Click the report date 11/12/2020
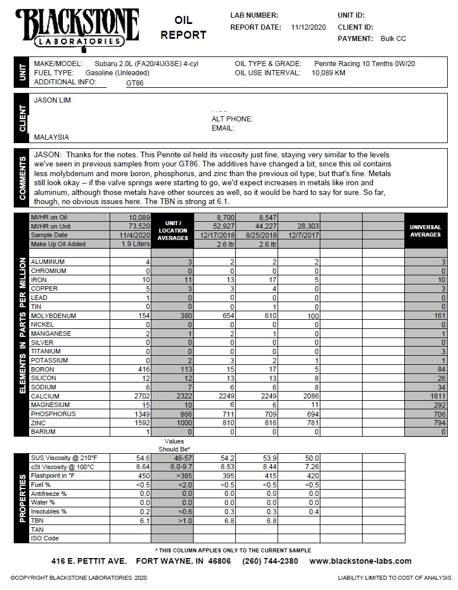point(308,27)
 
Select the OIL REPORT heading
point(183,28)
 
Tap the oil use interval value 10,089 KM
point(328,73)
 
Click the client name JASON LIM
point(53,100)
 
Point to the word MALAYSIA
point(51,137)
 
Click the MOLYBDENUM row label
point(53,316)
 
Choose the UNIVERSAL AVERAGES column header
point(425,231)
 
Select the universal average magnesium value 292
point(438,405)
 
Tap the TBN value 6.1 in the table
point(144,520)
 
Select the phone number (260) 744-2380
point(270,561)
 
